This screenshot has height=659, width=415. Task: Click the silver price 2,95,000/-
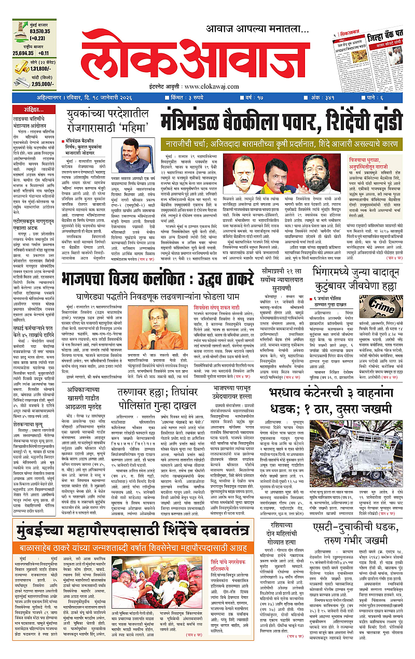point(30,83)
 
